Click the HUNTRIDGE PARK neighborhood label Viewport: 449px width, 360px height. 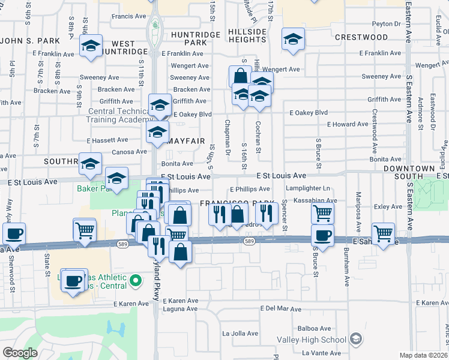[x=195, y=39]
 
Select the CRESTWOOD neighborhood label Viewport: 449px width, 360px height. [x=361, y=37]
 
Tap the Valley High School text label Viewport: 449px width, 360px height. [x=312, y=340]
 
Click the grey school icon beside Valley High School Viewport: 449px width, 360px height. [x=356, y=340]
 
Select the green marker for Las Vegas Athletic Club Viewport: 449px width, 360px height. [x=136, y=280]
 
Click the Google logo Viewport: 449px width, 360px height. [x=20, y=352]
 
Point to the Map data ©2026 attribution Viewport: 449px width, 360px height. [x=424, y=355]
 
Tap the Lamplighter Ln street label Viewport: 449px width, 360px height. [x=308, y=188]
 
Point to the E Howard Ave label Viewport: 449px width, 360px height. [x=348, y=124]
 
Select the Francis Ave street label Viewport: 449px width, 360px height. [x=130, y=16]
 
